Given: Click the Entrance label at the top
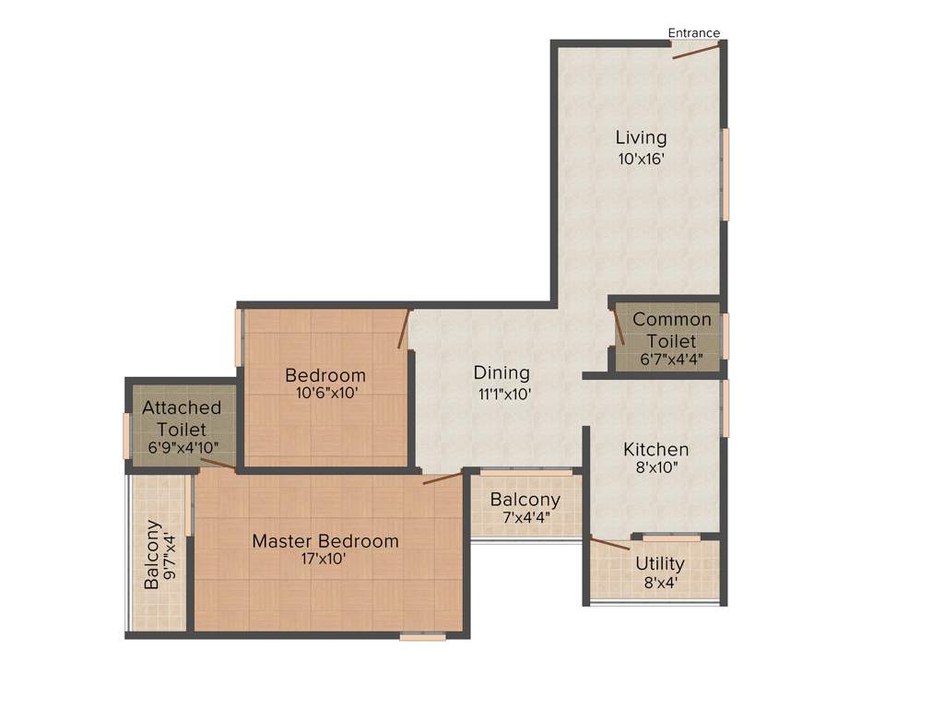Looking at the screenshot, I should (x=693, y=33).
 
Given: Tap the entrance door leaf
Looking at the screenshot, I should (x=696, y=51).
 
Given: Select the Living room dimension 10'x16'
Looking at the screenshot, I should (x=642, y=159).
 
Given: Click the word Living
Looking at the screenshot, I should (x=642, y=137).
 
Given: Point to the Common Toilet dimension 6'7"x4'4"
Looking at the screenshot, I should (x=671, y=360).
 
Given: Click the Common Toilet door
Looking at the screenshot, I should (x=619, y=327).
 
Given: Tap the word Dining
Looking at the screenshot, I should (x=501, y=372).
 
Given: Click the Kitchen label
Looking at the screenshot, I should (x=656, y=450).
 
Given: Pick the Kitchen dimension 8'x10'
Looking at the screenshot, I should (x=656, y=468).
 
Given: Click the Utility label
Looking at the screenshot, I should (x=660, y=563).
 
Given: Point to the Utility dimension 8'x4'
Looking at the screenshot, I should (x=660, y=584).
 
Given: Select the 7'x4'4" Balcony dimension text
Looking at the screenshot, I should (x=525, y=518).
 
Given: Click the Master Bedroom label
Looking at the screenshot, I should (x=325, y=541).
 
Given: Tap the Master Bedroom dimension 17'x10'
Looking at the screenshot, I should (x=325, y=560).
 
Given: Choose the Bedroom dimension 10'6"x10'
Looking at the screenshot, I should (x=325, y=393).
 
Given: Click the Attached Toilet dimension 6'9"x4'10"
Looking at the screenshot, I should (x=182, y=448).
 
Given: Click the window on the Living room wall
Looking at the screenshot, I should (x=726, y=174).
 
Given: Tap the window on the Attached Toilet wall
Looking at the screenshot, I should (x=127, y=435).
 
